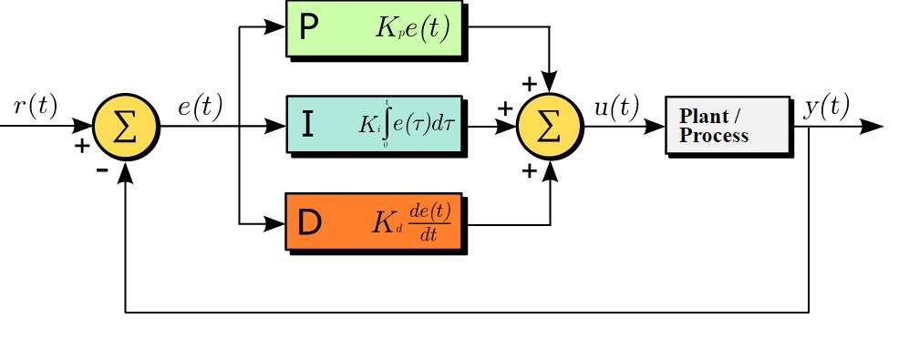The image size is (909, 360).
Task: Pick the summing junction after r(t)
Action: [126, 126]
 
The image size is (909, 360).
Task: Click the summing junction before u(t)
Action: [550, 126]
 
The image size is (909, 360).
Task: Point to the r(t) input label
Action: [35, 106]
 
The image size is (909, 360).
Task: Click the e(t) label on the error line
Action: [200, 106]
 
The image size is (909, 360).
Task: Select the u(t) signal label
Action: [616, 106]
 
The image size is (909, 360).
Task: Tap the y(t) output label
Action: [827, 106]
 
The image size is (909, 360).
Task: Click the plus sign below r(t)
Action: [82, 145]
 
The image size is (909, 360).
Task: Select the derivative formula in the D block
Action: [411, 223]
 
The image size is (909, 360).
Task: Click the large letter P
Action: [309, 27]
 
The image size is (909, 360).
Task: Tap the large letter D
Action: [309, 223]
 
